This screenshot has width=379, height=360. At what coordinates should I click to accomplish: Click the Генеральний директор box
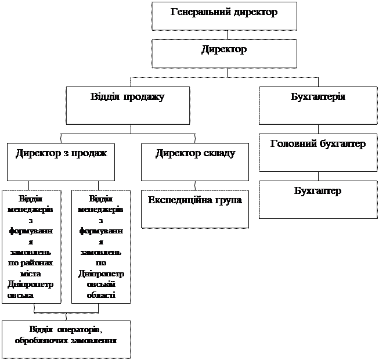click(224, 16)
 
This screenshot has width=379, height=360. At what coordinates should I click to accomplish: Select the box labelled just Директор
click(224, 53)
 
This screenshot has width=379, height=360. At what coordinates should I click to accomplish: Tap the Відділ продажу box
click(128, 105)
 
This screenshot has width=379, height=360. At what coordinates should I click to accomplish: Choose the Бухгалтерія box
click(317, 105)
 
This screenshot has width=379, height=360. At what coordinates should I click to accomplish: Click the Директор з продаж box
click(61, 161)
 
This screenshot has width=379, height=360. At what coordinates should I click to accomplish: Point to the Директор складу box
click(195, 161)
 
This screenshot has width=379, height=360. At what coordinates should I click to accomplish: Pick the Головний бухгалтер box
click(317, 153)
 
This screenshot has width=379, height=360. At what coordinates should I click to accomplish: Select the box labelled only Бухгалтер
click(317, 199)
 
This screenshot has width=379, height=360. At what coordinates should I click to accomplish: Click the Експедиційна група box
click(195, 208)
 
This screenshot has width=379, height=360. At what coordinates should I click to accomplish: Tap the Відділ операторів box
click(66, 339)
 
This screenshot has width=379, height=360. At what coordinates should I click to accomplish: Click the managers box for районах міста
click(31, 247)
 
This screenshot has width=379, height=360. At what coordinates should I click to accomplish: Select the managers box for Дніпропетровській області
click(101, 247)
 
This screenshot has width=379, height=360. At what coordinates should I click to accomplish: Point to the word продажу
click(144, 96)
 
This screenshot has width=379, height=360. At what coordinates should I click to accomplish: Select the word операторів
click(79, 330)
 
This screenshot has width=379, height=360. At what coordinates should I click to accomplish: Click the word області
click(102, 295)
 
